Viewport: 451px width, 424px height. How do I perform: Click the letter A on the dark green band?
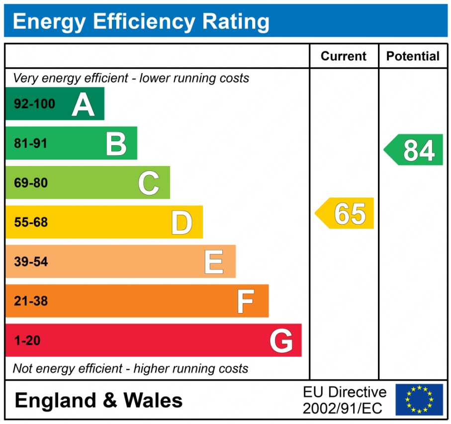point(83,104)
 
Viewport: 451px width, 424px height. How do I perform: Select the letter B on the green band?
point(116,144)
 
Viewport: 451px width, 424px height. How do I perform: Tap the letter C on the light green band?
point(148,183)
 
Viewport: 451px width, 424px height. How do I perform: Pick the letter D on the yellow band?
point(181,223)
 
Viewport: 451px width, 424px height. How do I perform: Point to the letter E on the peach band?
point(214,262)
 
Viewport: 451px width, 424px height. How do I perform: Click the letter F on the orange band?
point(246,301)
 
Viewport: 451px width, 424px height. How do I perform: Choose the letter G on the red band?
point(281,341)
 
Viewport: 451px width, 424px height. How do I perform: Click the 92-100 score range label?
point(34,104)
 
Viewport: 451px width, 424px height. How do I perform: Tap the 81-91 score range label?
point(30,144)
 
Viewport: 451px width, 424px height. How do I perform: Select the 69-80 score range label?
point(30,183)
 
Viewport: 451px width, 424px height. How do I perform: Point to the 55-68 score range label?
point(30,222)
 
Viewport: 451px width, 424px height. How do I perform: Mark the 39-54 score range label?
point(30,261)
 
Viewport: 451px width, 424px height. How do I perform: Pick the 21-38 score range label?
point(30,301)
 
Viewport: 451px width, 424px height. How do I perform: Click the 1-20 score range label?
point(27,341)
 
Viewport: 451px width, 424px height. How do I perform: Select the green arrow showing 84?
point(414,150)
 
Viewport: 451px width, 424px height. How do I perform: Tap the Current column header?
point(344,56)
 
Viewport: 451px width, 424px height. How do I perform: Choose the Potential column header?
point(413,56)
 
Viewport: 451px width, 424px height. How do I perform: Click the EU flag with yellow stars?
point(419,400)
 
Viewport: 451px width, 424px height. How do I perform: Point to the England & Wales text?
point(98,400)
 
